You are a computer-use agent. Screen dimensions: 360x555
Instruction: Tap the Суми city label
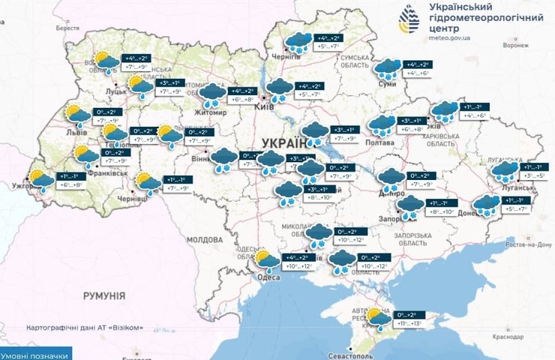[388, 84]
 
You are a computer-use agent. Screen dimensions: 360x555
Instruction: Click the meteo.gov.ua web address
[448, 37]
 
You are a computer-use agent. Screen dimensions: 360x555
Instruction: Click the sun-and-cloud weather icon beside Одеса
[266, 260]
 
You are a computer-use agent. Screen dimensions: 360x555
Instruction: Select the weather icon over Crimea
[378, 319]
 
